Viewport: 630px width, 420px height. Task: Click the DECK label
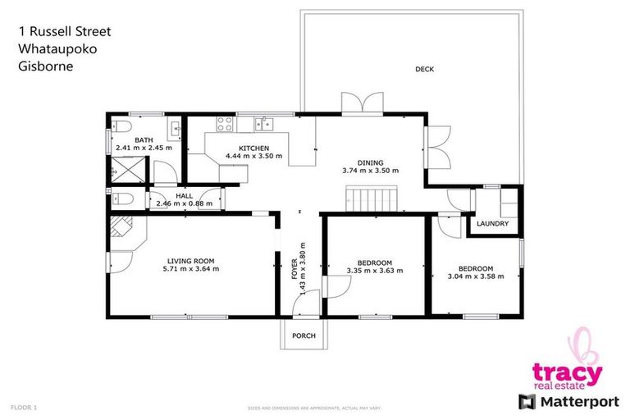[x=424, y=70]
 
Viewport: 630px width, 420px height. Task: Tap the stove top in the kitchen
[x=224, y=125]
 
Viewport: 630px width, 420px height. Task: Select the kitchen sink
[x=263, y=125]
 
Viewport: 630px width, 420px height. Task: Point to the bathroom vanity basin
[x=176, y=127]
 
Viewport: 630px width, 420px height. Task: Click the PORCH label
[x=304, y=335]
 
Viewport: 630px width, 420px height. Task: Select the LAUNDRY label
[x=493, y=224]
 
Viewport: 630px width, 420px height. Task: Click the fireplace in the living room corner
[x=123, y=229]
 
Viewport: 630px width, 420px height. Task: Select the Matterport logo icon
[x=527, y=401]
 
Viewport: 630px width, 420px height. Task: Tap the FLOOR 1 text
[x=24, y=407]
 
